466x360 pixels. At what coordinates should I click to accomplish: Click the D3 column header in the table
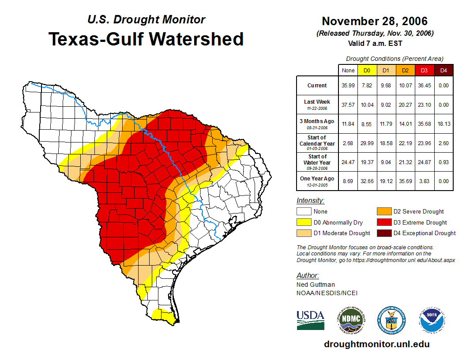pos(425,70)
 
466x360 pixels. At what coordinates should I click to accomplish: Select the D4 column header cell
pos(443,70)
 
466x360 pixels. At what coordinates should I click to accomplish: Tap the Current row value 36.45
pos(425,86)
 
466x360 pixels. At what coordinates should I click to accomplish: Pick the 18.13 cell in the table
pos(443,124)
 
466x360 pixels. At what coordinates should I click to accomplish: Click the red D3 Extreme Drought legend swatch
pos(383,222)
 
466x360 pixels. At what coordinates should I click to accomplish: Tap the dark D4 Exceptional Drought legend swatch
pos(383,233)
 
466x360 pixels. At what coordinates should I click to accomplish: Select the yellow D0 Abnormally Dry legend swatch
pos(304,222)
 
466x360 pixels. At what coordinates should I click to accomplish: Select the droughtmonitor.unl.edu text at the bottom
pos(376,344)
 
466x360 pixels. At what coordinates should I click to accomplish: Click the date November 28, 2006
pos(375,21)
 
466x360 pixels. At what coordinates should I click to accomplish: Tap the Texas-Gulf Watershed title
pos(146,39)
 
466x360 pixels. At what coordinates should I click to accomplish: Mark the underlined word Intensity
pos(310,201)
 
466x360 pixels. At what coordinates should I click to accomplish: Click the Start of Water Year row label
pos(317,162)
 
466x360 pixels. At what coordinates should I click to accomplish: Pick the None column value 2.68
pos(348,143)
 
